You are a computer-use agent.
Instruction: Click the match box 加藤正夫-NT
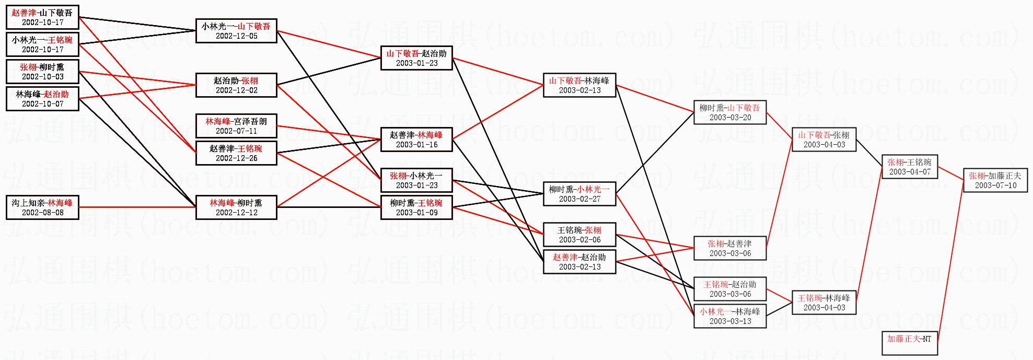pyautogui.click(x=909, y=343)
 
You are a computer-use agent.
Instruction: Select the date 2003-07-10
pyautogui.click(x=995, y=185)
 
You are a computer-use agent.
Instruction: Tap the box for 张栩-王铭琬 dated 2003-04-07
pyautogui.click(x=909, y=167)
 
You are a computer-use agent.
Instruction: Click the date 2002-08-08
pyautogui.click(x=42, y=213)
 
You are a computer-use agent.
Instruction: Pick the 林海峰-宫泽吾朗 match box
pyautogui.click(x=236, y=126)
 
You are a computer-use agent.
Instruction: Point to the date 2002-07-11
pyautogui.click(x=236, y=131)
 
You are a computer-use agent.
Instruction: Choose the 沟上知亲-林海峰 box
pyautogui.click(x=42, y=207)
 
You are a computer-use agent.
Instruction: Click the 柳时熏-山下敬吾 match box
pyautogui.click(x=730, y=112)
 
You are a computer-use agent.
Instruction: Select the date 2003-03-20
pyautogui.click(x=730, y=118)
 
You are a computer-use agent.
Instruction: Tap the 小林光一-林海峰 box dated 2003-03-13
pyautogui.click(x=730, y=316)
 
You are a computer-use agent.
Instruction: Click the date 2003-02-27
pyautogui.click(x=579, y=199)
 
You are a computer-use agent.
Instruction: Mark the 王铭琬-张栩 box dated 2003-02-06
pyautogui.click(x=579, y=235)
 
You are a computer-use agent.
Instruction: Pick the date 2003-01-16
pyautogui.click(x=416, y=145)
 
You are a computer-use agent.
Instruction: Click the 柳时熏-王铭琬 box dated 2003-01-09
pyautogui.click(x=416, y=207)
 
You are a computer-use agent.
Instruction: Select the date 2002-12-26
pyautogui.click(x=236, y=158)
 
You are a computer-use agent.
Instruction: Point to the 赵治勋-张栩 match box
pyautogui.click(x=236, y=85)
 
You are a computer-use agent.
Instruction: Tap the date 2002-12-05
pyautogui.click(x=236, y=36)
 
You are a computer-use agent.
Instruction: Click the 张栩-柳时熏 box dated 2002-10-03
pyautogui.click(x=42, y=72)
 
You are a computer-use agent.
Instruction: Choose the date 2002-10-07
pyautogui.click(x=42, y=104)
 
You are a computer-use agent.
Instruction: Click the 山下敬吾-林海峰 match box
pyautogui.click(x=579, y=85)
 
